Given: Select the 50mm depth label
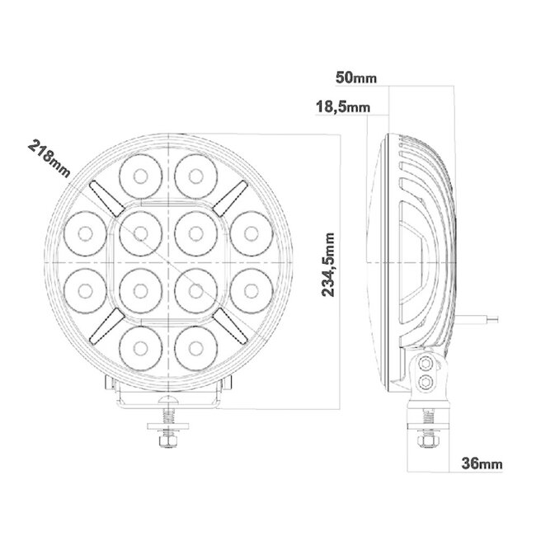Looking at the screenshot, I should click(356, 78).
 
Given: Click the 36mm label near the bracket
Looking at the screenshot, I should click(483, 464).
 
